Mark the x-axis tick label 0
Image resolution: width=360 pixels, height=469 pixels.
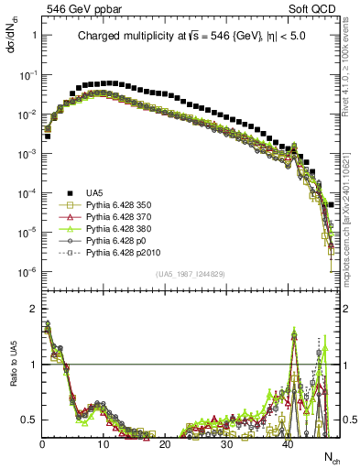point(42,444)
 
